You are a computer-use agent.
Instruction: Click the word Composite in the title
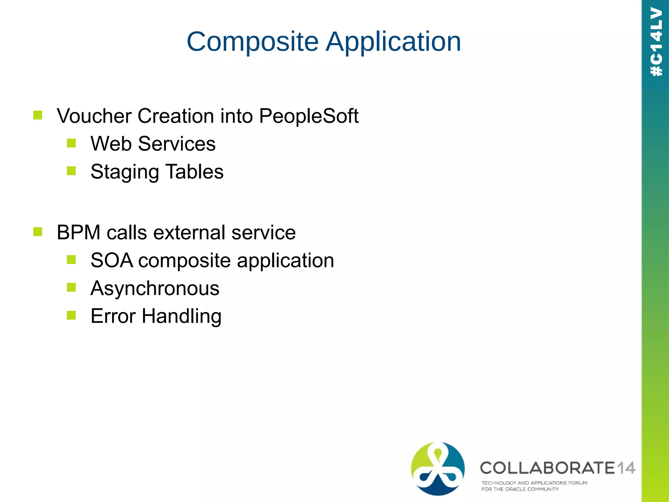253,42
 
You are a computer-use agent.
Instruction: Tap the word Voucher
94,116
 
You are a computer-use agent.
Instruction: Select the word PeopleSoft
309,116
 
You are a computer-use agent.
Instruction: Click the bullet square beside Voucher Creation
38,115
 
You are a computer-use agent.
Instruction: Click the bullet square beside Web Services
71,143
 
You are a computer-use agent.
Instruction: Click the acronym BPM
78,233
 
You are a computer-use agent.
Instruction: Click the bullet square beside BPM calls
38,232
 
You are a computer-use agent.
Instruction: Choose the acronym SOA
112,261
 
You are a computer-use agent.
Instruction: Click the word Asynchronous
155,289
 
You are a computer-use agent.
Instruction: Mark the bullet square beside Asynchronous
71,288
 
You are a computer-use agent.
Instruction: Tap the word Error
113,316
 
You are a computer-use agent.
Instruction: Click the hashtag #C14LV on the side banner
656,42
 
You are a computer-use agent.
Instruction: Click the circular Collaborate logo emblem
438,468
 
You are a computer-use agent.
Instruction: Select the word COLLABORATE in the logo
547,468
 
